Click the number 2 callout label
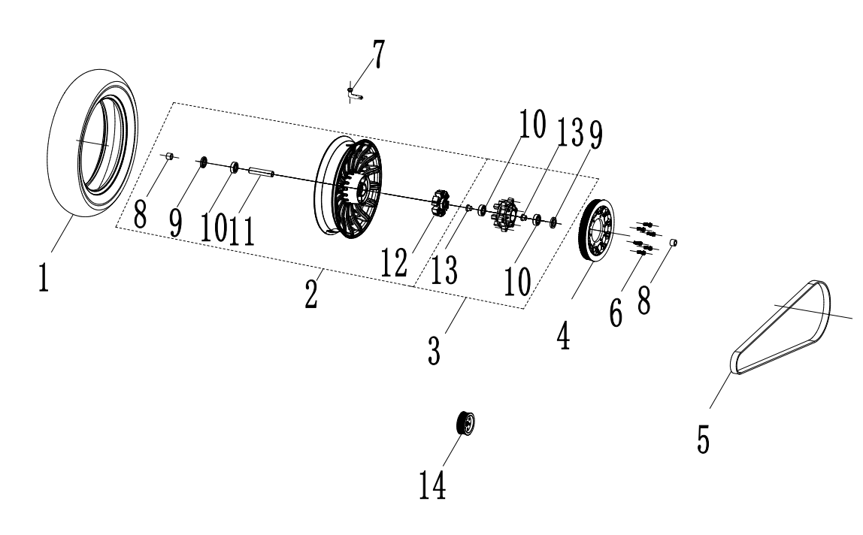310,291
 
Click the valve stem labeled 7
354,93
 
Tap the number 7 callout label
377,55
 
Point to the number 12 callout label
395,264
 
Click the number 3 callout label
434,349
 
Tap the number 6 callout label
616,312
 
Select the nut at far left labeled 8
171,156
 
